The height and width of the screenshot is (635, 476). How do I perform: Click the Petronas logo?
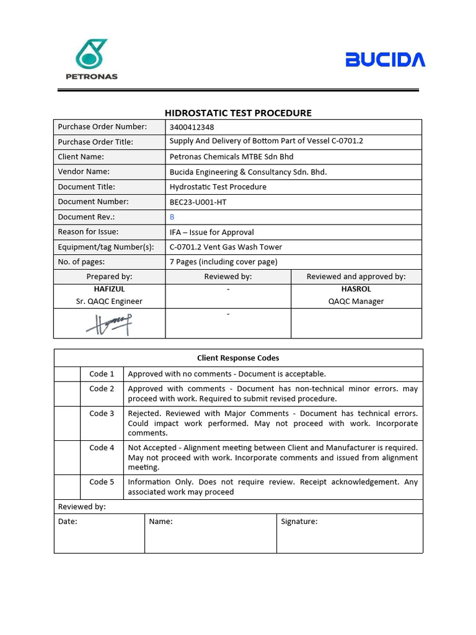tap(91, 59)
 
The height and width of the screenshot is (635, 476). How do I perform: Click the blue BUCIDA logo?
tap(385, 60)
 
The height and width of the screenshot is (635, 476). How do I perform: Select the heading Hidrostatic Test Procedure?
tap(238, 113)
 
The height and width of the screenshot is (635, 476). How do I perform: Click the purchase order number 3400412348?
tap(192, 127)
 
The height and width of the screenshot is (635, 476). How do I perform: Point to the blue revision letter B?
tap(172, 217)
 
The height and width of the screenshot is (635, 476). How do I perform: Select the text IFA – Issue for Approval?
tap(211, 232)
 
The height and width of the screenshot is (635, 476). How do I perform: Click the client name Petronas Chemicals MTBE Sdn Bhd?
tap(231, 157)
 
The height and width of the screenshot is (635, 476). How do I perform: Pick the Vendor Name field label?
tap(84, 172)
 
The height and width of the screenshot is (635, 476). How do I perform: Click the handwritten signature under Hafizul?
tap(110, 323)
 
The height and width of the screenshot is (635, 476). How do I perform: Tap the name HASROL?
tap(356, 289)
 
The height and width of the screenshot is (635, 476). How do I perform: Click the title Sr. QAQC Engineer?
tap(109, 301)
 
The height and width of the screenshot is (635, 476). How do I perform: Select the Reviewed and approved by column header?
tap(356, 277)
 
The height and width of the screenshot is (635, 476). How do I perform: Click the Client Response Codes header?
tap(238, 358)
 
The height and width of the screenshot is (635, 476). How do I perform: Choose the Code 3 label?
tap(102, 414)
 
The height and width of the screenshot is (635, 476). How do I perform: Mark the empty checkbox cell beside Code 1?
tap(67, 374)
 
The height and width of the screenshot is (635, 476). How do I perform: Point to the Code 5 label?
tap(102, 482)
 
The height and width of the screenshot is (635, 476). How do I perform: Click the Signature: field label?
tap(299, 522)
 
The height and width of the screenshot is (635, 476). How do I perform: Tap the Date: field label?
tap(68, 522)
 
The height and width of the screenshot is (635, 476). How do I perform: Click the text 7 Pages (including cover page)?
tap(223, 262)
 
